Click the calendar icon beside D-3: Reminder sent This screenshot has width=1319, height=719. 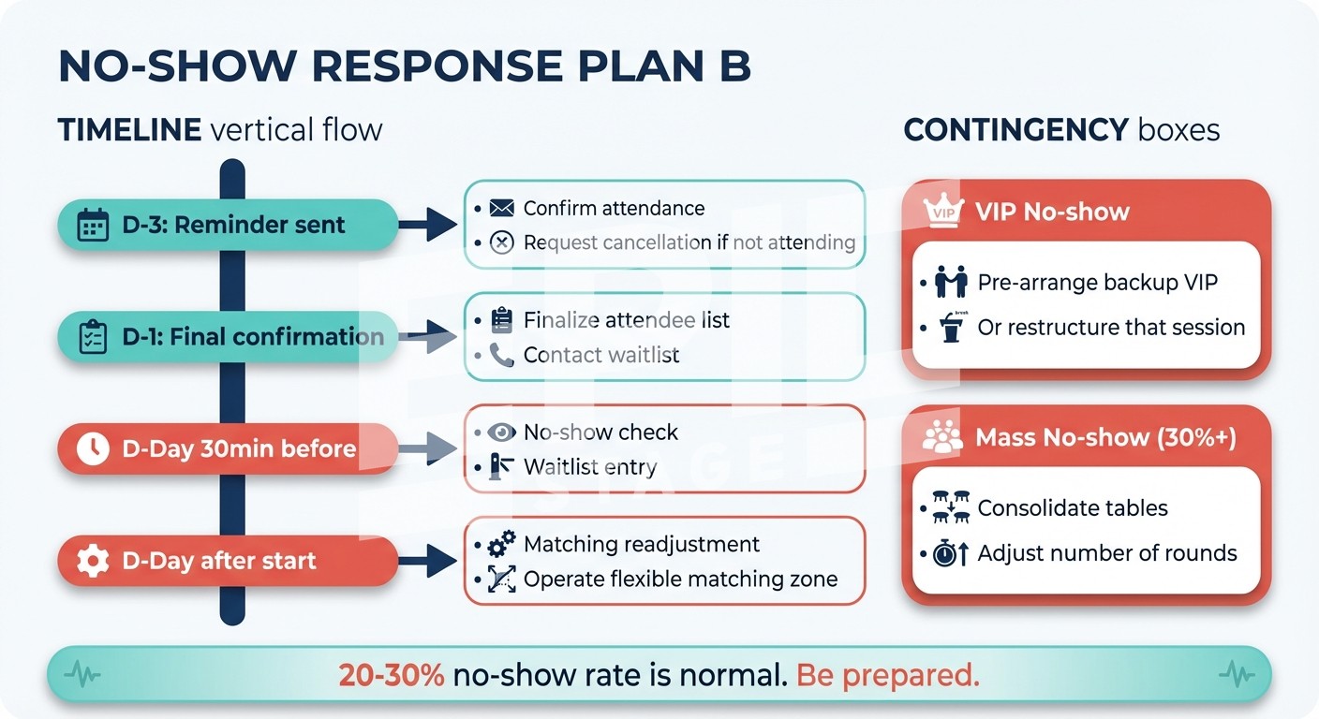coord(92,226)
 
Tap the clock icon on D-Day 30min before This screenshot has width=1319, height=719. coord(92,448)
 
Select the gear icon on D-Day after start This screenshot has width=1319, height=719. coord(92,561)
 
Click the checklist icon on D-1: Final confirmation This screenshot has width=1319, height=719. coord(92,337)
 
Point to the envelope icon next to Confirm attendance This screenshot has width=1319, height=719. coord(502,208)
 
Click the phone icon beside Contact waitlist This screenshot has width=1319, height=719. coord(502,355)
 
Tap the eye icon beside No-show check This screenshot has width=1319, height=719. coord(502,433)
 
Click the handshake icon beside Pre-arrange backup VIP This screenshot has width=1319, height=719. coord(951,282)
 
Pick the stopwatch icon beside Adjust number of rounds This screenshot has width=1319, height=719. coord(949,553)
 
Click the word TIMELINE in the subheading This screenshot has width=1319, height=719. coord(129,129)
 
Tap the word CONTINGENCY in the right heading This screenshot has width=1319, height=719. coord(1015,129)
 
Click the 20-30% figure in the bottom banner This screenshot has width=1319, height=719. coord(392,676)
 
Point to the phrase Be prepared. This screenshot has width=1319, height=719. coord(887,676)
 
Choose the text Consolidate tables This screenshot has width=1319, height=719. coord(1073,508)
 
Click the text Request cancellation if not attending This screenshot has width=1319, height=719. coord(689,242)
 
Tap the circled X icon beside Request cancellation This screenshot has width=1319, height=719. coord(502,242)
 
